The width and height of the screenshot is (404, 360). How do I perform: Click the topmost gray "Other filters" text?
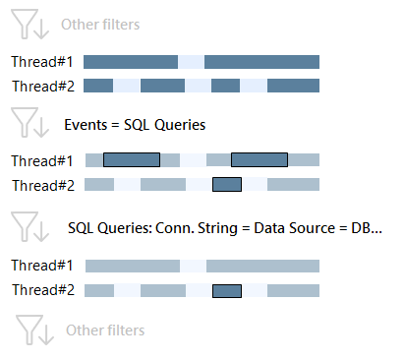tap(100, 25)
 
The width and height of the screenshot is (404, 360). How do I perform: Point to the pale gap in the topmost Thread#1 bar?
tap(191, 61)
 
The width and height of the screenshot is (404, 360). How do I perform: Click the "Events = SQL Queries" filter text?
tap(134, 126)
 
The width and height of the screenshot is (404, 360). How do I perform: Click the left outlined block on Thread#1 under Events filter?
tap(132, 159)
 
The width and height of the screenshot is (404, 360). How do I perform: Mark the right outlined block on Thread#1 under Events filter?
tap(260, 159)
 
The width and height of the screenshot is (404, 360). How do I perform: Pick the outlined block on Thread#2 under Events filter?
tap(227, 184)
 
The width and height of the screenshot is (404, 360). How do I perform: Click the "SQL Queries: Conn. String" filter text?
tap(157, 227)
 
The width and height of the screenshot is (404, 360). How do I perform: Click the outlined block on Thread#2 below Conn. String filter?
tap(227, 290)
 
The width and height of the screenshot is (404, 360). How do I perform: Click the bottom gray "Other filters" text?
tap(105, 330)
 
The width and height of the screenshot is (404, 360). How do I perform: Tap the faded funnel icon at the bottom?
tap(32, 329)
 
